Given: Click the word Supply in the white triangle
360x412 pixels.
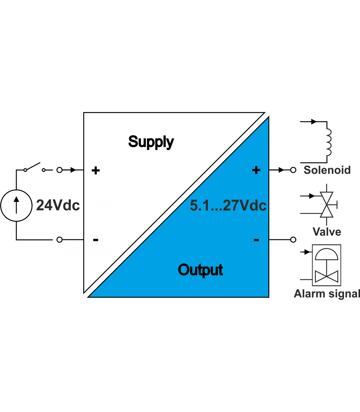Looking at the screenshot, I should (x=151, y=142).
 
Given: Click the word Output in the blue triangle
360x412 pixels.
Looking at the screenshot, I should (x=200, y=270).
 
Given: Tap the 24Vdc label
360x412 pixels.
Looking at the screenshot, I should (x=58, y=205).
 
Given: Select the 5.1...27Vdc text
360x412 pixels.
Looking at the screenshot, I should (x=228, y=206).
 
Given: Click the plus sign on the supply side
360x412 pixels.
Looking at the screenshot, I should (x=96, y=171).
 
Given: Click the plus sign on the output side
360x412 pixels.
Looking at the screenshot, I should (x=256, y=170).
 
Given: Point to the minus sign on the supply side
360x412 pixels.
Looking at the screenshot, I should (x=96, y=240).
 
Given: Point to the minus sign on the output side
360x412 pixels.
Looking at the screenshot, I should (x=256, y=240).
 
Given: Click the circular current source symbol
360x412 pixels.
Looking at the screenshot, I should (x=16, y=205).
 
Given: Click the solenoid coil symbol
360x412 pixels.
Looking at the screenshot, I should (x=328, y=142).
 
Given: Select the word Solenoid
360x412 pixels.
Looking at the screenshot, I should (x=327, y=170).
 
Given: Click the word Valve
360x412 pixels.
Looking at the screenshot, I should (x=327, y=232).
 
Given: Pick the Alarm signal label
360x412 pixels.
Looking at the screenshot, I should (x=327, y=294).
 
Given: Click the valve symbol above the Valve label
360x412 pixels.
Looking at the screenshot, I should (x=327, y=205).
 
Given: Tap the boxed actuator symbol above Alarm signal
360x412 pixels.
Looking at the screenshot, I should (x=326, y=265).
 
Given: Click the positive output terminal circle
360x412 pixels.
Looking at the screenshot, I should (x=293, y=170).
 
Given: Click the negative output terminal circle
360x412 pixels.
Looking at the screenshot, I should (x=293, y=240).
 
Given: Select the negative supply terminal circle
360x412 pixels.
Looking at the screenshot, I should (x=59, y=240).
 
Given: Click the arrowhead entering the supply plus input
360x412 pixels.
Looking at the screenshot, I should (x=73, y=170).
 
